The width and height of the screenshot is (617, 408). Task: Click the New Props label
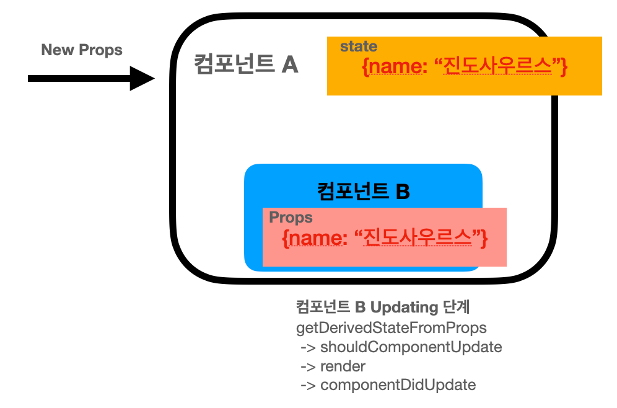(82, 50)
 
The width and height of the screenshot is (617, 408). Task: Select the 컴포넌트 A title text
(246, 64)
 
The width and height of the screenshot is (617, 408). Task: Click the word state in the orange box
(359, 47)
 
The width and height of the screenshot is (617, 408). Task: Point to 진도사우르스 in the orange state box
(497, 66)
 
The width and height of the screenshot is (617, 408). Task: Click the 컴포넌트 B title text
(364, 190)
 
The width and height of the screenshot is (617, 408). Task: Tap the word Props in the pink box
(291, 218)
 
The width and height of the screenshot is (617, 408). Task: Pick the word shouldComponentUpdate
(411, 347)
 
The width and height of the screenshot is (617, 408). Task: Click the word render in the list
(343, 366)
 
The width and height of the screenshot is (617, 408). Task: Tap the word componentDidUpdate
(398, 385)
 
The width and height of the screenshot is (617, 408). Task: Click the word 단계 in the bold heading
(460, 308)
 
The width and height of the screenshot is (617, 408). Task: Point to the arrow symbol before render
(308, 366)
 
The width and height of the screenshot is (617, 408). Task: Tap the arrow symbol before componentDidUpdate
(308, 385)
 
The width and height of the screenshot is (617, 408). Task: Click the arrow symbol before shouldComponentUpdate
(308, 347)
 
